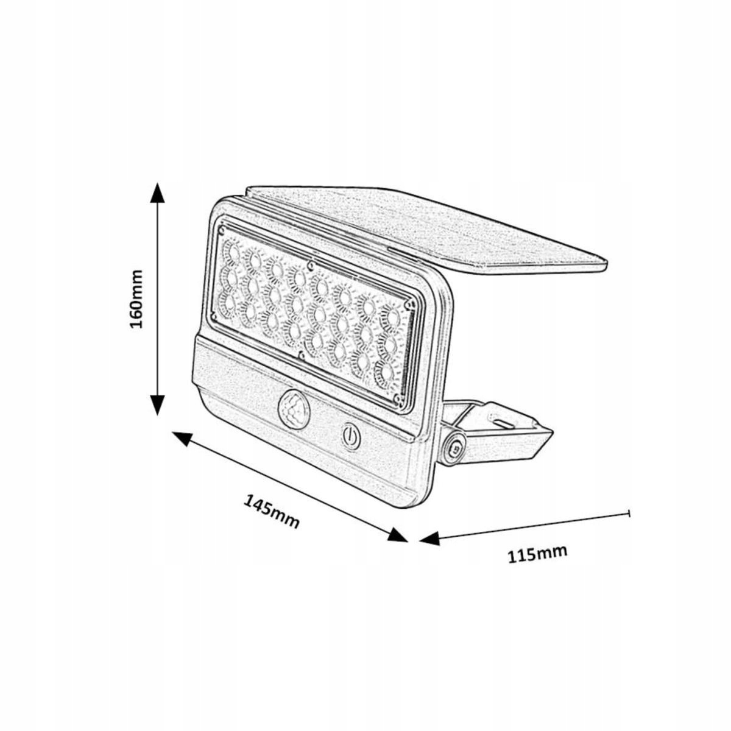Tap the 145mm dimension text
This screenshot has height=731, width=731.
(x=272, y=510)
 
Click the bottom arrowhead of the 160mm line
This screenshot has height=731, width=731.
(x=158, y=403)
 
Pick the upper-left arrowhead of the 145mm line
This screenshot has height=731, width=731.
(x=183, y=438)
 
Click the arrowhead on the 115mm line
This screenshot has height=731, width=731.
(x=430, y=539)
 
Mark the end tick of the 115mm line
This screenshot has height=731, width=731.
(x=629, y=514)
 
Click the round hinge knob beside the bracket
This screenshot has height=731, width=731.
(x=453, y=447)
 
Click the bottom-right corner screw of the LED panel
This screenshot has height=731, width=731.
(x=397, y=398)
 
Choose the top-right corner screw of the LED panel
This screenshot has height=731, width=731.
(x=412, y=303)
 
